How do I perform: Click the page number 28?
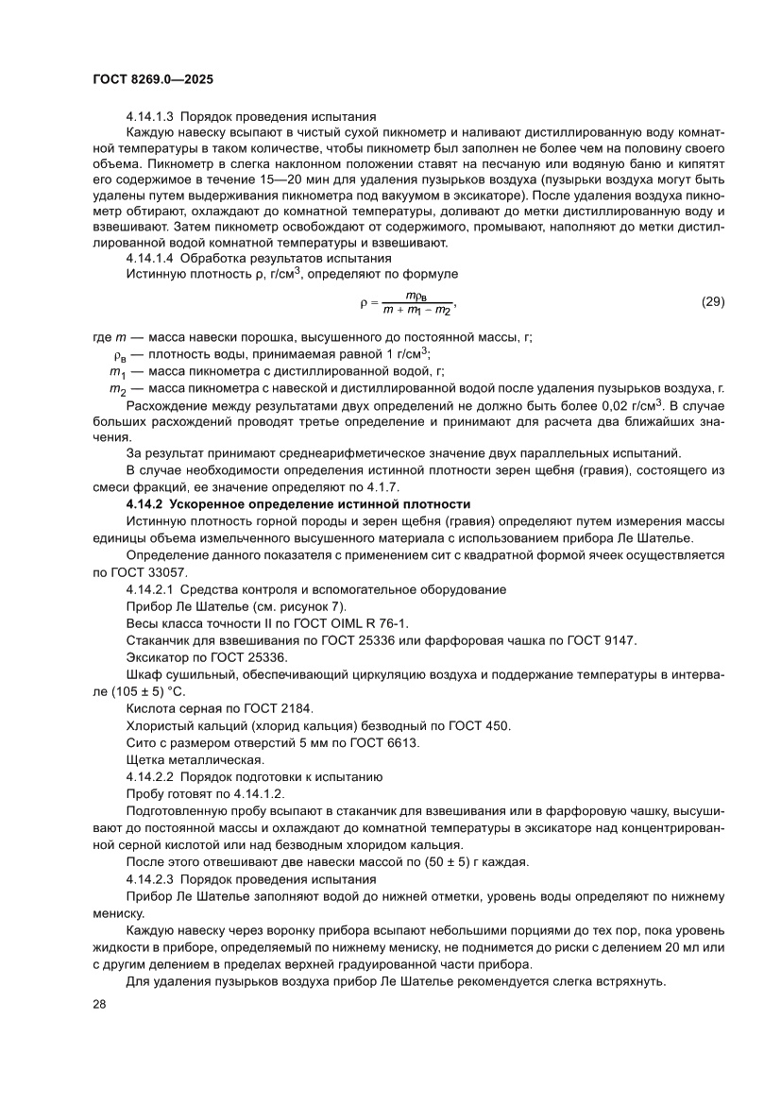click(99, 1004)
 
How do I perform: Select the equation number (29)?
click(712, 302)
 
